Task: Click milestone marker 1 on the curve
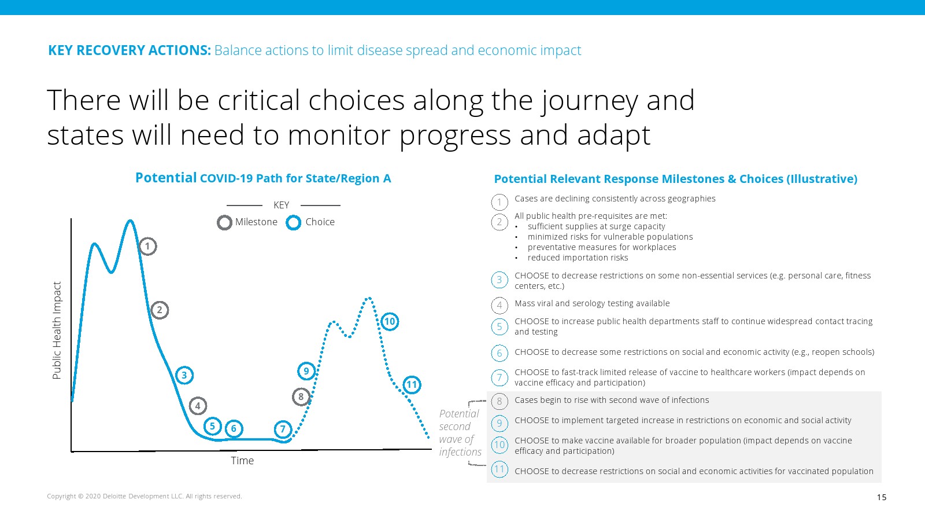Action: pyautogui.click(x=147, y=247)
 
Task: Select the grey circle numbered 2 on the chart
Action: pyautogui.click(x=160, y=310)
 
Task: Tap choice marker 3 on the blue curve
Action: pyautogui.click(x=184, y=376)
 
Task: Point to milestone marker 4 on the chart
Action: pyautogui.click(x=198, y=406)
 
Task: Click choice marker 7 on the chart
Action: pyautogui.click(x=283, y=429)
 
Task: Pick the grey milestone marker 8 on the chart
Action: pyautogui.click(x=301, y=397)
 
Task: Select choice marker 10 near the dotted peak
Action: pyautogui.click(x=390, y=322)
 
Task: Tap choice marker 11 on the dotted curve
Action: pyautogui.click(x=412, y=385)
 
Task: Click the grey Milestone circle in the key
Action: pyautogui.click(x=225, y=222)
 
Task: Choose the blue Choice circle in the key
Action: pyautogui.click(x=294, y=222)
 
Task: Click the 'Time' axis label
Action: pyautogui.click(x=242, y=461)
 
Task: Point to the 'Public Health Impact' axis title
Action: pyautogui.click(x=57, y=331)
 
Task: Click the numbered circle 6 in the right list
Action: pyautogui.click(x=499, y=353)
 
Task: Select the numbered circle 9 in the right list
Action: pyautogui.click(x=499, y=423)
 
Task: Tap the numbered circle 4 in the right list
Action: pyautogui.click(x=499, y=306)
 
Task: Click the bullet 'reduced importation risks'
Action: pyautogui.click(x=578, y=258)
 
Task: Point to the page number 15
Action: pyautogui.click(x=882, y=497)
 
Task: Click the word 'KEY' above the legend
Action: pyautogui.click(x=281, y=205)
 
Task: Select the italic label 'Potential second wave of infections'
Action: pyautogui.click(x=460, y=432)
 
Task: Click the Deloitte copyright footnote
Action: pyautogui.click(x=144, y=496)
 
